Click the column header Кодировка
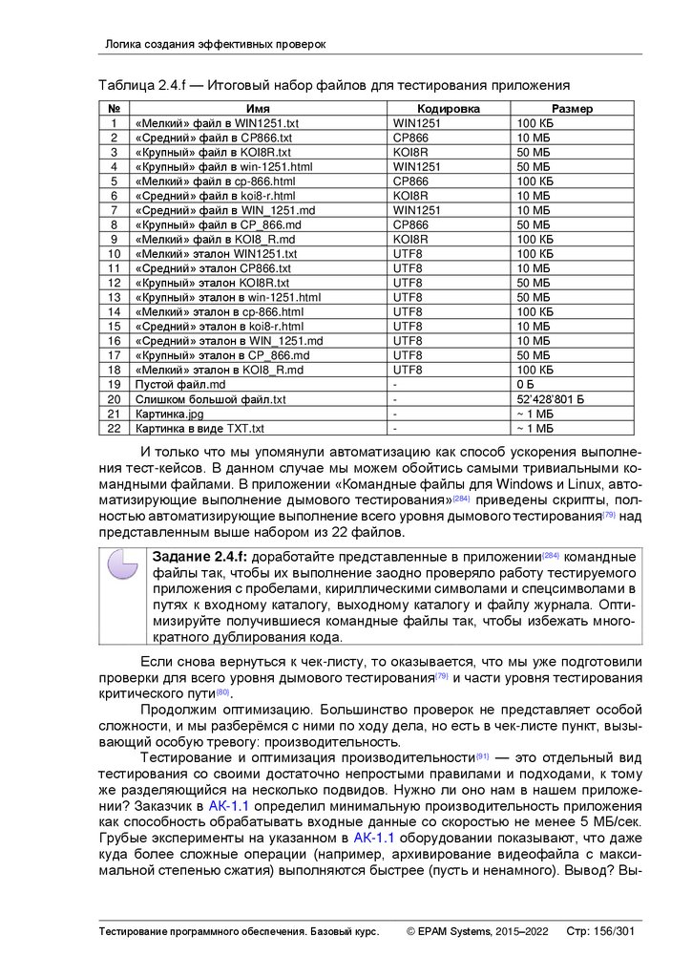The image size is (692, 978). (x=448, y=109)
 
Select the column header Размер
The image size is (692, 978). (x=572, y=109)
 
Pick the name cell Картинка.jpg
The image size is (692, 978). (x=170, y=414)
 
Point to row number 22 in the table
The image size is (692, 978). (x=114, y=428)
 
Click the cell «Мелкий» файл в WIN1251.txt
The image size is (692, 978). (x=218, y=123)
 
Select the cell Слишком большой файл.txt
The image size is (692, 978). (x=211, y=399)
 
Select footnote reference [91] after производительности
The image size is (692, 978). (x=482, y=755)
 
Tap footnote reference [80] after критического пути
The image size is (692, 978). (x=222, y=691)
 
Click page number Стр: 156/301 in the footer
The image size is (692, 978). (x=600, y=931)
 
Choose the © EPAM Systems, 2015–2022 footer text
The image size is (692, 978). (x=476, y=931)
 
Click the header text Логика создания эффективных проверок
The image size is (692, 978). (x=215, y=44)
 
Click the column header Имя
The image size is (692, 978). (x=258, y=109)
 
